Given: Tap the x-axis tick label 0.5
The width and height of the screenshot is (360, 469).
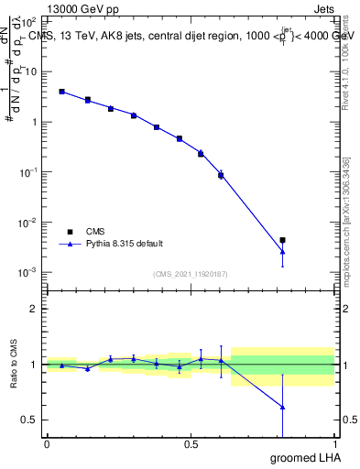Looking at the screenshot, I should (191, 444).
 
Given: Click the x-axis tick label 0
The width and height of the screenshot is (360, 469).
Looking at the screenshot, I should (47, 444).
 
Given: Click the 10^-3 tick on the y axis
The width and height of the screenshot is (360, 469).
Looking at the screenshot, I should (27, 272).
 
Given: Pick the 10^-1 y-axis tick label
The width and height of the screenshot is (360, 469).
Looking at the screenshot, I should (27, 171).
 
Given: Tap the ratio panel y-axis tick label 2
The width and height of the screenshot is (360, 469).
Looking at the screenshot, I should (34, 309).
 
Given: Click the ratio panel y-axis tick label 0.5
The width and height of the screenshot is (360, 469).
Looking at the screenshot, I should (29, 420).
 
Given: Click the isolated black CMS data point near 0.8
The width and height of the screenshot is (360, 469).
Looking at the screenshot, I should (283, 240).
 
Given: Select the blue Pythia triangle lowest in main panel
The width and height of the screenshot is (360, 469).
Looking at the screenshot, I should (283, 251).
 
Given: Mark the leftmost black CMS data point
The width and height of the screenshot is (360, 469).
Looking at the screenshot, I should (61, 92).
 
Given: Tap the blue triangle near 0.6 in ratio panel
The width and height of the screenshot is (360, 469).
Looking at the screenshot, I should (221, 360).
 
